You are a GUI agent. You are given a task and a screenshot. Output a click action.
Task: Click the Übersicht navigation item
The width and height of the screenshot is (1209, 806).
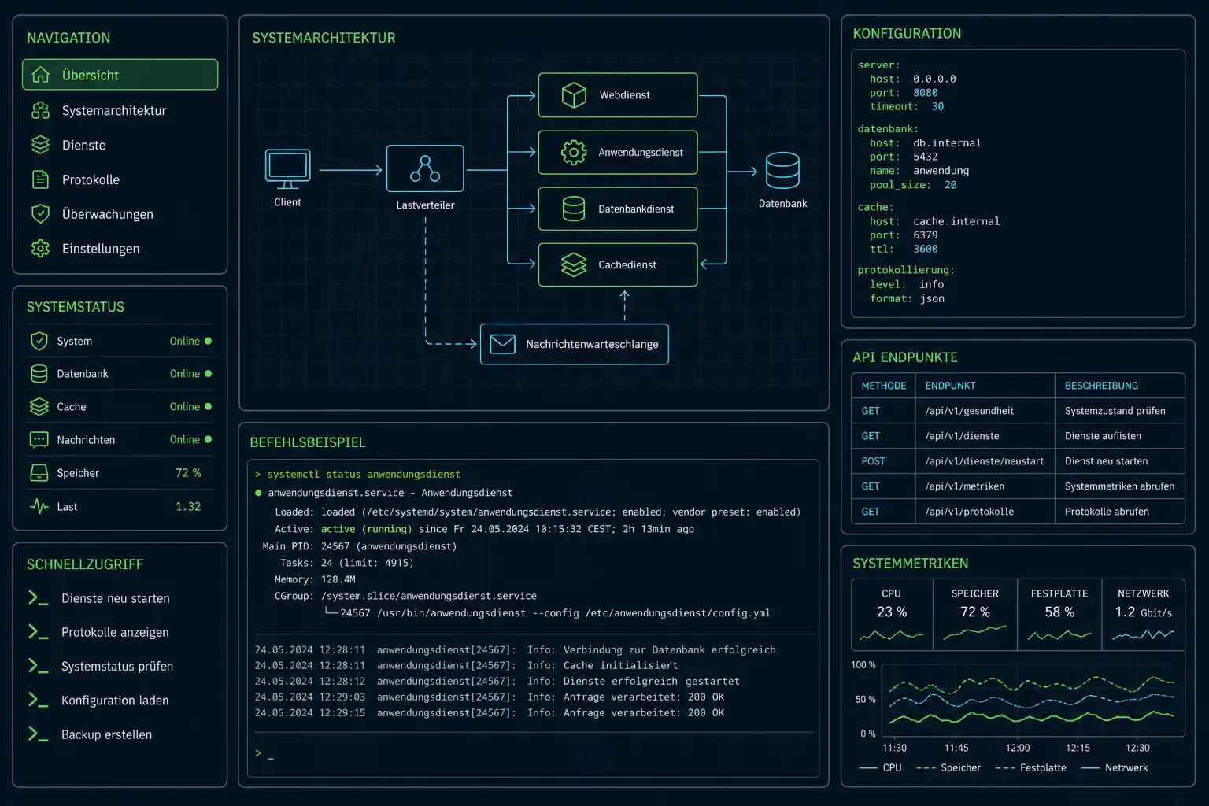[120, 75]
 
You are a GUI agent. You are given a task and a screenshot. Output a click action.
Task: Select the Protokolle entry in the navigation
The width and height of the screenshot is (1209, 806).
[91, 179]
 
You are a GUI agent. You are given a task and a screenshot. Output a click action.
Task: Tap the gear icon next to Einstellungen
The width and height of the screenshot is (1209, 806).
[40, 248]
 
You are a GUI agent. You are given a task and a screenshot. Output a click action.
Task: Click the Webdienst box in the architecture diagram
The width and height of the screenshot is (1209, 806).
[617, 95]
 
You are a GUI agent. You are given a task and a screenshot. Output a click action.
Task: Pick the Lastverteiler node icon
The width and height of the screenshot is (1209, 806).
[425, 168]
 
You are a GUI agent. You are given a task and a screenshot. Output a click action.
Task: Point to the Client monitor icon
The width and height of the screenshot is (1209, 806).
[287, 169]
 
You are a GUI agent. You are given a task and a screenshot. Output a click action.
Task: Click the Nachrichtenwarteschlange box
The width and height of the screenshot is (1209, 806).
[575, 344]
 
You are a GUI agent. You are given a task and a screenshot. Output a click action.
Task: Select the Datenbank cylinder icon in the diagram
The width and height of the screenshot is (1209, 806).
[782, 170]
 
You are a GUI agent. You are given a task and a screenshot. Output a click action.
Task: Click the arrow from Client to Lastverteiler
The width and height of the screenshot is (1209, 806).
[351, 170]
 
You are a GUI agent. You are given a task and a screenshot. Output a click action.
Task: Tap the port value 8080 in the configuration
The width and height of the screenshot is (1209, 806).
[925, 93]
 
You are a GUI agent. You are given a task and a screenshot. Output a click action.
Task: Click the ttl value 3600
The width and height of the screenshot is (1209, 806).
[925, 249]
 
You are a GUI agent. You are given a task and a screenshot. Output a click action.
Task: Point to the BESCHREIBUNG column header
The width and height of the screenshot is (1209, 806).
[1101, 386]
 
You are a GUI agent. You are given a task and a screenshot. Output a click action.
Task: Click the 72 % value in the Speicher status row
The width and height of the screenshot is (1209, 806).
[188, 473]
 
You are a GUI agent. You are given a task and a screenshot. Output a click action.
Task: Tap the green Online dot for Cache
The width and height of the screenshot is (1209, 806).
[209, 406]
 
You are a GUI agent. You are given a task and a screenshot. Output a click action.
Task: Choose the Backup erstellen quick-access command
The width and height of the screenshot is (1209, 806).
[106, 734]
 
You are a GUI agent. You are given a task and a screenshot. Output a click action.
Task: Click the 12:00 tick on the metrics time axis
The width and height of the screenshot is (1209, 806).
[1018, 748]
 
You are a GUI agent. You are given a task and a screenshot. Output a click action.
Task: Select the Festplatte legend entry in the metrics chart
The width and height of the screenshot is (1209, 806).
[1031, 767]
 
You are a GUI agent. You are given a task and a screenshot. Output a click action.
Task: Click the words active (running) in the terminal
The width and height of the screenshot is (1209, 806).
[366, 529]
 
